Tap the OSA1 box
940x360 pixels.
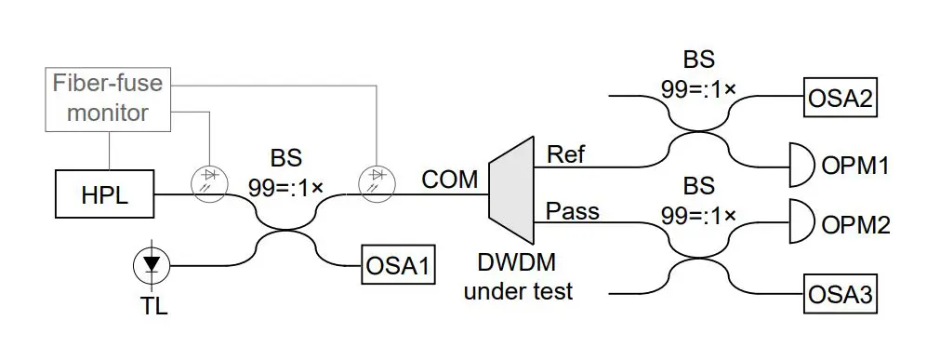[397, 266]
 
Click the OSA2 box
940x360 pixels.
[841, 96]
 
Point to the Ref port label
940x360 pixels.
[566, 153]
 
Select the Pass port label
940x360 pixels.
[572, 211]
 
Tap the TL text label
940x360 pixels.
[153, 305]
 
